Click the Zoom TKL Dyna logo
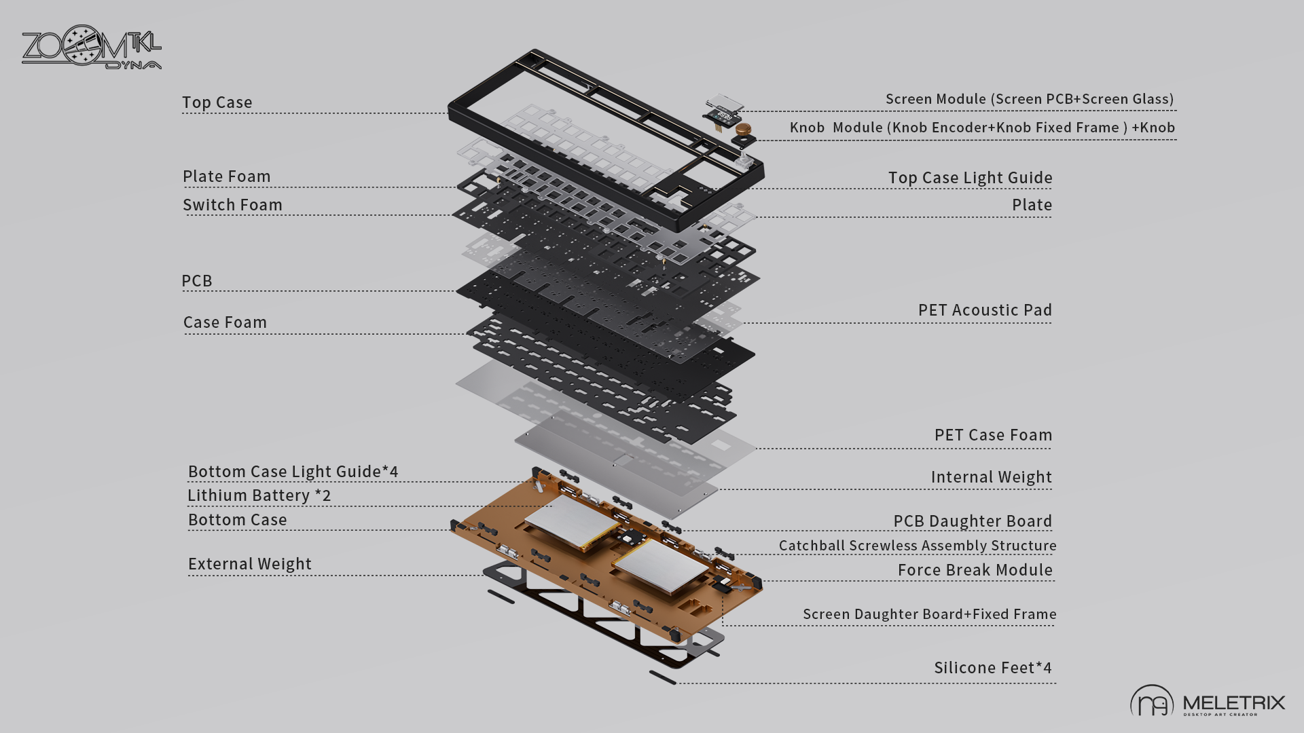point(91,48)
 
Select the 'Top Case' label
point(217,102)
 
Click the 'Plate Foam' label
point(227,176)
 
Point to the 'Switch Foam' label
point(232,205)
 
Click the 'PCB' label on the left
point(197,281)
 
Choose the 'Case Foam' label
point(225,322)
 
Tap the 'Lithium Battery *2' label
point(259,495)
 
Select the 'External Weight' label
point(249,564)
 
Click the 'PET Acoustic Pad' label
point(985,310)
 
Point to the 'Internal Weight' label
point(991,477)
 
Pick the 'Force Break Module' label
point(975,570)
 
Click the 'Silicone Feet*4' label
point(992,668)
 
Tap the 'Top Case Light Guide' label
point(970,178)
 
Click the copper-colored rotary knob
point(743,128)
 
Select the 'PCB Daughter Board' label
point(972,521)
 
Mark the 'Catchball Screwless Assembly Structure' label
point(917,546)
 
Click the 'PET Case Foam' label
point(993,435)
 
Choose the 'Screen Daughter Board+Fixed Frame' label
point(929,614)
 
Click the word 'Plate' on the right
point(1032,205)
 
